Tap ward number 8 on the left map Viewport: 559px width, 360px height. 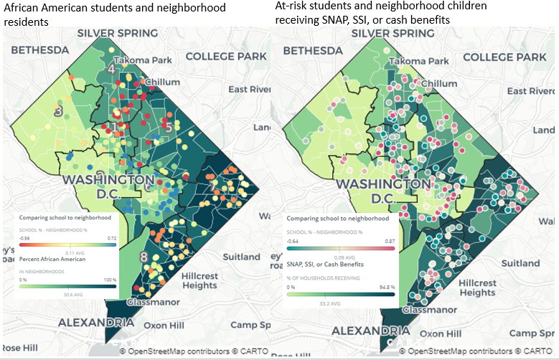[x=144, y=257]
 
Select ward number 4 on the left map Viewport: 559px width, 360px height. [x=111, y=70]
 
